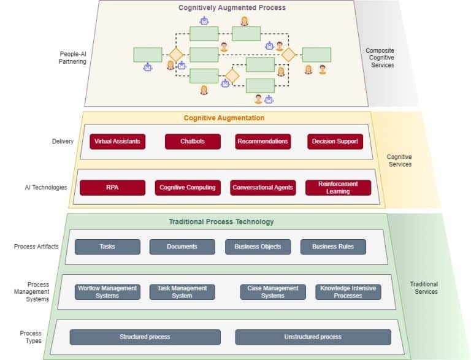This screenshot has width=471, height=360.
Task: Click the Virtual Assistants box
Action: coord(117,142)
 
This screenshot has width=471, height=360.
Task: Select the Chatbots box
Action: coord(193,142)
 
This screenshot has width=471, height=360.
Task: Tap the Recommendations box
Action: coord(262,142)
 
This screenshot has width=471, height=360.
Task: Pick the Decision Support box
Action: coord(335,142)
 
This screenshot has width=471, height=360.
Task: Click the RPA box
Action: coord(112,188)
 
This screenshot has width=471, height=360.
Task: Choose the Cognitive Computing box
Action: coord(188,188)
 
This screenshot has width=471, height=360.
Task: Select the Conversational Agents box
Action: coord(262,188)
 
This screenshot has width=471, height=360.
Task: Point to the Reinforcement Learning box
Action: coord(338,188)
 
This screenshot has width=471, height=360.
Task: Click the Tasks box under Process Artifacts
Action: coord(107,247)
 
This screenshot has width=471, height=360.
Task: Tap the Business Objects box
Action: coord(258,247)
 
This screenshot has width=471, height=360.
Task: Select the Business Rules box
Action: coord(333,247)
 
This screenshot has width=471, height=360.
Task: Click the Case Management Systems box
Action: coord(273,292)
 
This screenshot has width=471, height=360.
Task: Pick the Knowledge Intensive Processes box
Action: coord(348,292)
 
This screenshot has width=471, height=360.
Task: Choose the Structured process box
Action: coord(145,337)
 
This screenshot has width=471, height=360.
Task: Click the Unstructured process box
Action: coord(313,337)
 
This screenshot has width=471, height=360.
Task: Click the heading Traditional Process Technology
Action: coord(221,221)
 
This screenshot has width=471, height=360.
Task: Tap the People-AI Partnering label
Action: coord(73,58)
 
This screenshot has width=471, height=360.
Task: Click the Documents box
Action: coord(182,247)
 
